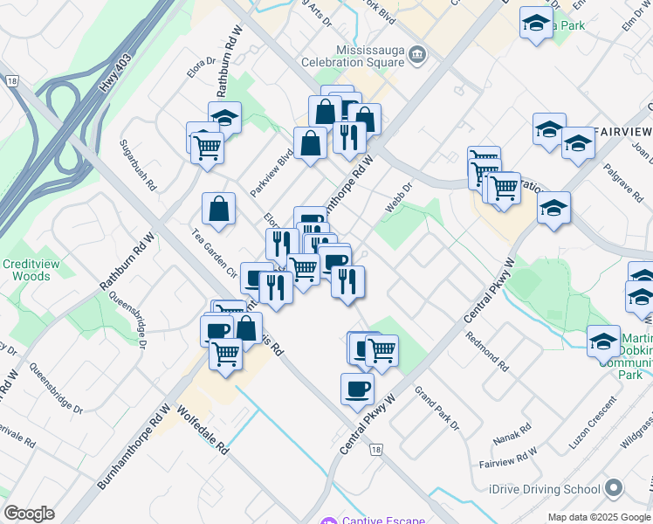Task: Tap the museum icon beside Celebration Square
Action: coord(418,55)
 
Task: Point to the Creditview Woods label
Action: coord(25,270)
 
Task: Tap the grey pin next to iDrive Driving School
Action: coord(615,489)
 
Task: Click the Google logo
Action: coord(29,513)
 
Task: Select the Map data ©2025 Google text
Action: coord(599,517)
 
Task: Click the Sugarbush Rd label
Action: coord(139,165)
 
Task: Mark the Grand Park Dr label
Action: coord(436,408)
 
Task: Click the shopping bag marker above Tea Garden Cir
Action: coord(218,210)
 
